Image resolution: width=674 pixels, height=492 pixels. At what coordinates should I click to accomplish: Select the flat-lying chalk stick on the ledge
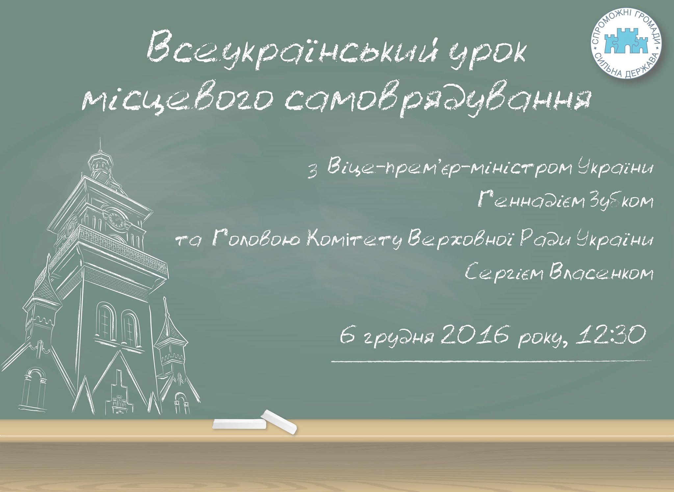tap(239, 424)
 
